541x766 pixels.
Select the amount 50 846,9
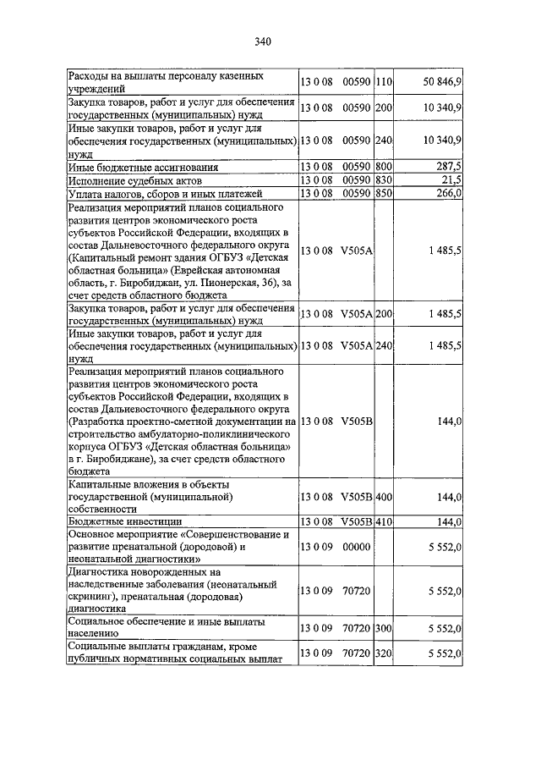(x=441, y=81)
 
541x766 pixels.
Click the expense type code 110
(x=385, y=81)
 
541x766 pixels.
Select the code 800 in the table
(x=385, y=167)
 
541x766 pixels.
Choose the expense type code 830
(x=385, y=179)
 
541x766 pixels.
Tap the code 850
(x=385, y=192)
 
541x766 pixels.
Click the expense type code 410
(x=385, y=521)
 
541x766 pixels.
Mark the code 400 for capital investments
(x=385, y=496)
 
